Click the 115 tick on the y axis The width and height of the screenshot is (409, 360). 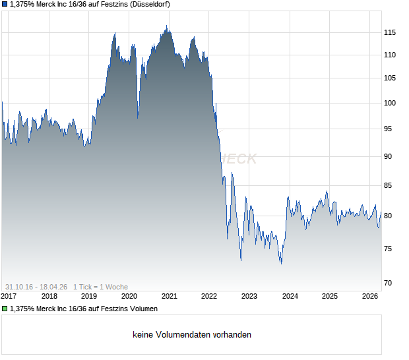[390, 32]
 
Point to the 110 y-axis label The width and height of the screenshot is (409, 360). [390, 55]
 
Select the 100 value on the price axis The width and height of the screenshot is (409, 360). [390, 103]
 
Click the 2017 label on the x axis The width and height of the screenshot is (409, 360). [9, 296]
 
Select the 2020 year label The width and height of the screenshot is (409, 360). [129, 296]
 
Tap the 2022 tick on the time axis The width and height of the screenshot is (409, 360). [209, 296]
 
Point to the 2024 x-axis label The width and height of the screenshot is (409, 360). [290, 296]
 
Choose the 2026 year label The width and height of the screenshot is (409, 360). [370, 296]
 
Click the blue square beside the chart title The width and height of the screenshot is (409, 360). [5, 5]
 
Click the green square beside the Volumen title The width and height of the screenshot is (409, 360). [5, 309]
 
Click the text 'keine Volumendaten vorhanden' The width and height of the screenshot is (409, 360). [192, 335]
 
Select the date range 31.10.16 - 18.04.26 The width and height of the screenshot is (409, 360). [36, 286]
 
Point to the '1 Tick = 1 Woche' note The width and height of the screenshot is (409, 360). [100, 286]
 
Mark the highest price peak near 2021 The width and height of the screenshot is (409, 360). [167, 26]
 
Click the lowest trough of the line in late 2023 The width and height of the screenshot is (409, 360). [281, 264]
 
